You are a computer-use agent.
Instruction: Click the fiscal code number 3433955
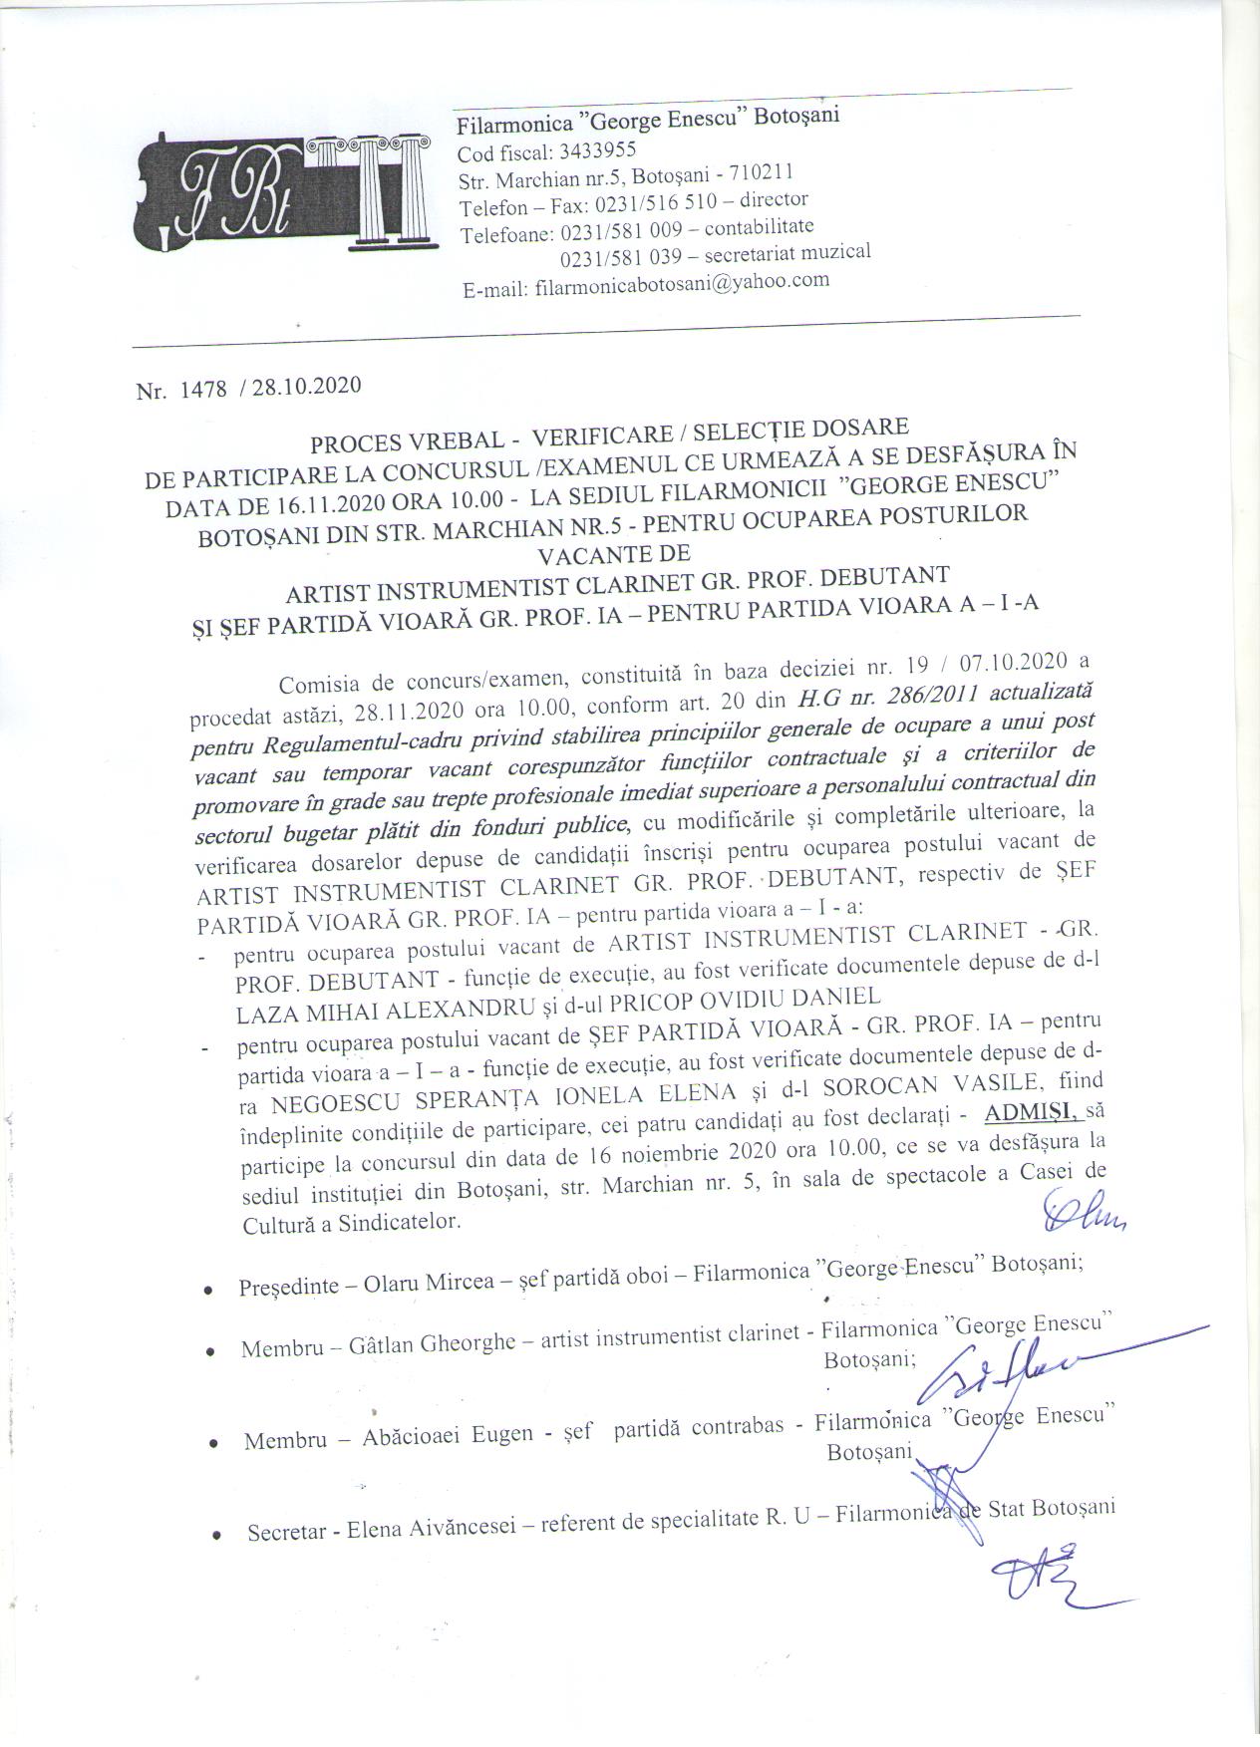click(x=590, y=151)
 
